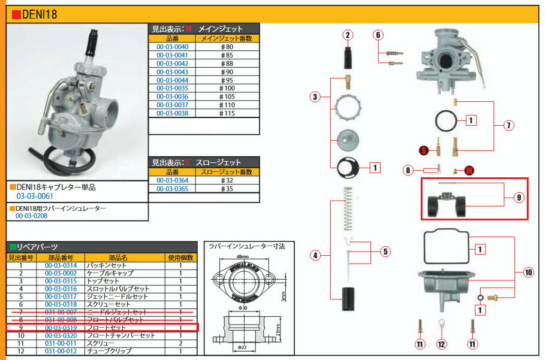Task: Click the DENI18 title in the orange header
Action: (40, 14)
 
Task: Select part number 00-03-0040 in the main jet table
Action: (172, 47)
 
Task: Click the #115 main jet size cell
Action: (227, 113)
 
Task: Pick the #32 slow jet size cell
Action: (227, 180)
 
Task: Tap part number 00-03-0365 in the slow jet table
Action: (172, 189)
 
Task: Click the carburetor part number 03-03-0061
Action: (35, 196)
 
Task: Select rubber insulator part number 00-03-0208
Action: (31, 216)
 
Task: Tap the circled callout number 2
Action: (348, 35)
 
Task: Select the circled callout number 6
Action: (378, 35)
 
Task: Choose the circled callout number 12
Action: (442, 344)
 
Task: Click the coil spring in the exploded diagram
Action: (347, 207)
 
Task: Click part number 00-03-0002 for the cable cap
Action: (61, 273)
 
